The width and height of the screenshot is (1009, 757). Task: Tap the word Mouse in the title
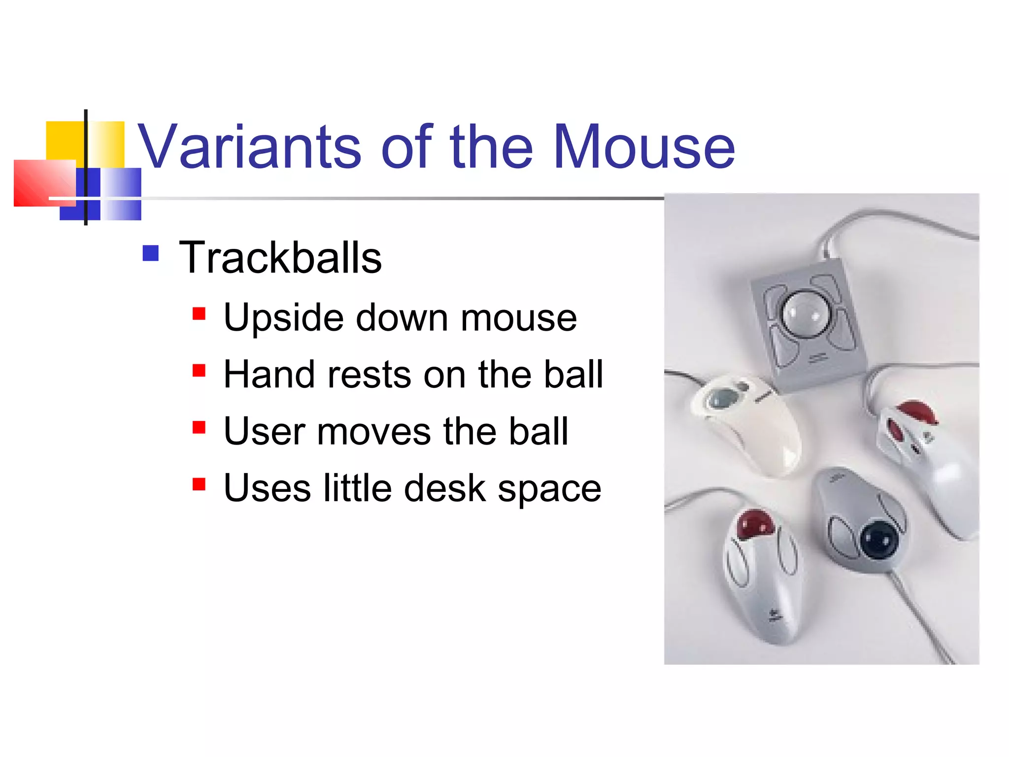644,147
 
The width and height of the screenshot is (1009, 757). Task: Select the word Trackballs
280,258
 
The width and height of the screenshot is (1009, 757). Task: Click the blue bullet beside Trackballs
151,253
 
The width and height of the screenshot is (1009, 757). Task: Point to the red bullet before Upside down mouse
199,314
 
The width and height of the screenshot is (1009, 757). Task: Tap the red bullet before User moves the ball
199,427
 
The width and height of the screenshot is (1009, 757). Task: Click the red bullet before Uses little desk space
199,484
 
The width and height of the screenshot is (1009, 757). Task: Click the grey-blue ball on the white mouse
724,398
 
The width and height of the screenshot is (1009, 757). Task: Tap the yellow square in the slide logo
64,140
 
